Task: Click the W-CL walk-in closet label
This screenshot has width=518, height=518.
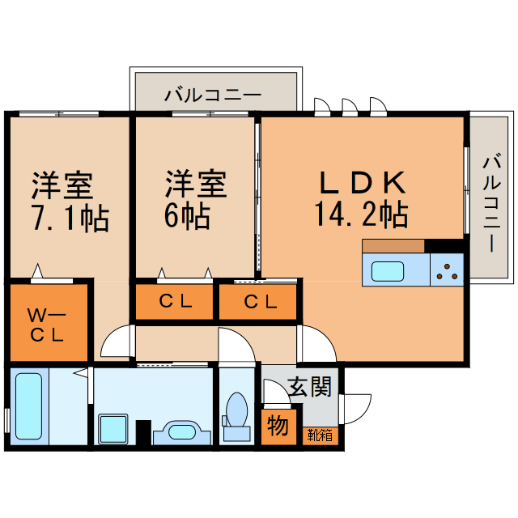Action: tap(47, 323)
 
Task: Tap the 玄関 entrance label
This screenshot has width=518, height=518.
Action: tap(311, 388)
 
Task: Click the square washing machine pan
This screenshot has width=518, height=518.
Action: tap(113, 427)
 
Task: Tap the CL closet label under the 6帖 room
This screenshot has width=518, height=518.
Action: tap(176, 303)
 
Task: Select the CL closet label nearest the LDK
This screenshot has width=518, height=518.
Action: tap(260, 303)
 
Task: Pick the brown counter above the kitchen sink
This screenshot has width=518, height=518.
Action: tap(393, 245)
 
